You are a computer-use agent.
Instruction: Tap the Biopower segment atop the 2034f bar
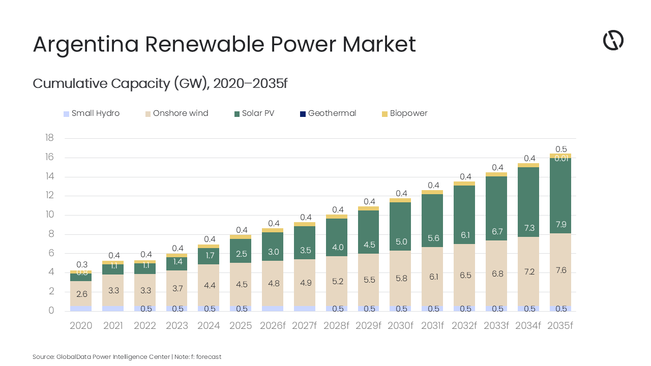point(528,165)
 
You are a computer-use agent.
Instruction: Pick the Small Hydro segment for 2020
point(81,308)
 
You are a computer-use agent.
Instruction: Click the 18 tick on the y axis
point(49,138)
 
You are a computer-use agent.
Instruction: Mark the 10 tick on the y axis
point(49,215)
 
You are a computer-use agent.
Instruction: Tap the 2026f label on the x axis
point(273,326)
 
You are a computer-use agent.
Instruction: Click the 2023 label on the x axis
point(176,326)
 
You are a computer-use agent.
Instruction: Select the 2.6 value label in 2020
point(81,293)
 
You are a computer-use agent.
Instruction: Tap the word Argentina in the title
point(85,44)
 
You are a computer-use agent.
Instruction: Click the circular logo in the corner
point(613,40)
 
